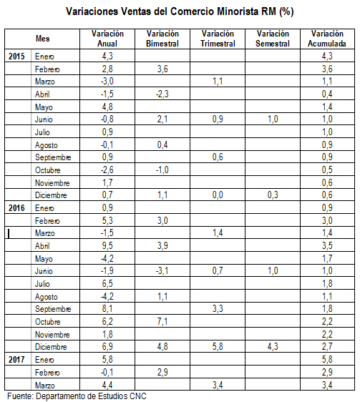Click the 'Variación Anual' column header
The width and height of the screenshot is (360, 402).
(107, 39)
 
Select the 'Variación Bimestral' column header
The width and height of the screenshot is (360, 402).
(162, 39)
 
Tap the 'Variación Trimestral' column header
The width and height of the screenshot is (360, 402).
(218, 39)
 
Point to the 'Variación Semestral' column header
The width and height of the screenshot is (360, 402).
(273, 39)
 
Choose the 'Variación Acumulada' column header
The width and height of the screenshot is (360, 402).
(327, 39)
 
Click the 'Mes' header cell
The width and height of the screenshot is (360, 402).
(43, 39)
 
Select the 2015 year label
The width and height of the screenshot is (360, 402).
(16, 56)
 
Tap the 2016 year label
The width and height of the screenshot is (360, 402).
(16, 207)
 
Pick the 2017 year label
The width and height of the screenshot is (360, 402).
(16, 360)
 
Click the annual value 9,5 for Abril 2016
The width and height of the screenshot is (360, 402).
(107, 245)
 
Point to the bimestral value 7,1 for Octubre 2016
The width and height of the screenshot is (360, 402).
(162, 321)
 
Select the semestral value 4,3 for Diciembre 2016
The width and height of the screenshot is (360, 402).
(273, 347)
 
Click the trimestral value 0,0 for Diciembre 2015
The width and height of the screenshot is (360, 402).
(218, 195)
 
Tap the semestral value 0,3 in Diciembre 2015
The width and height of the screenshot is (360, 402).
(273, 195)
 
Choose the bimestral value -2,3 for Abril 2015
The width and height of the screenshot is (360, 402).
(162, 94)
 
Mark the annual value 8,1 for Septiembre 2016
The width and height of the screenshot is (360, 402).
(107, 309)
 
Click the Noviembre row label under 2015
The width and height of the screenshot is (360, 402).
(52, 183)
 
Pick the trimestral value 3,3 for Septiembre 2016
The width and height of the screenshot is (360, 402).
(218, 309)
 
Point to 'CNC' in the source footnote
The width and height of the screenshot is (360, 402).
(138, 396)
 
